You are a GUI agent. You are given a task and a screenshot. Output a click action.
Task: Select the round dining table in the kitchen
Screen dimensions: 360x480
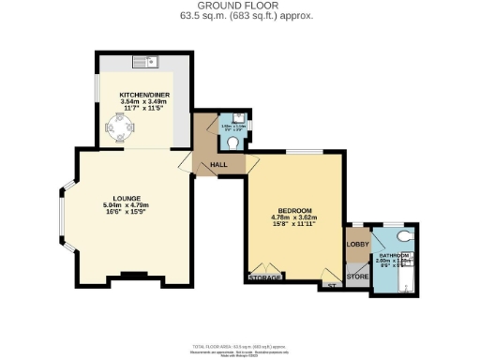click(x=116, y=134)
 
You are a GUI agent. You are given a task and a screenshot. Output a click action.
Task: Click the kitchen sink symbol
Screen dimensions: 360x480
click(x=146, y=63)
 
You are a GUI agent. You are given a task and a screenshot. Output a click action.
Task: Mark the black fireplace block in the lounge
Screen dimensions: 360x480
click(x=134, y=275)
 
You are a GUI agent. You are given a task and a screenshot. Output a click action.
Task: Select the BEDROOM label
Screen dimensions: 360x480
click(x=294, y=210)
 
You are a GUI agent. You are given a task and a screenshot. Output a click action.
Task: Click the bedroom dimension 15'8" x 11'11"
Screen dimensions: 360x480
click(x=294, y=225)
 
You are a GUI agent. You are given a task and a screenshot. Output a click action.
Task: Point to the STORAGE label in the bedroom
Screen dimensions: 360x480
click(x=264, y=277)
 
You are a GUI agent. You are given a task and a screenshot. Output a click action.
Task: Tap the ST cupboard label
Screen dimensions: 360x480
click(x=329, y=283)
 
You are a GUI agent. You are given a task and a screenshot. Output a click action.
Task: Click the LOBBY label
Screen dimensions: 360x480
click(x=357, y=246)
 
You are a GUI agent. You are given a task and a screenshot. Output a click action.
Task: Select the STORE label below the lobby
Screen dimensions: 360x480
click(x=357, y=277)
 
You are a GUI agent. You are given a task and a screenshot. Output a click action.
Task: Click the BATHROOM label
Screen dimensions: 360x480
click(x=393, y=255)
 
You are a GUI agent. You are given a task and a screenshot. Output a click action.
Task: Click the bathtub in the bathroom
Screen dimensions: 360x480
click(x=393, y=280)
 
